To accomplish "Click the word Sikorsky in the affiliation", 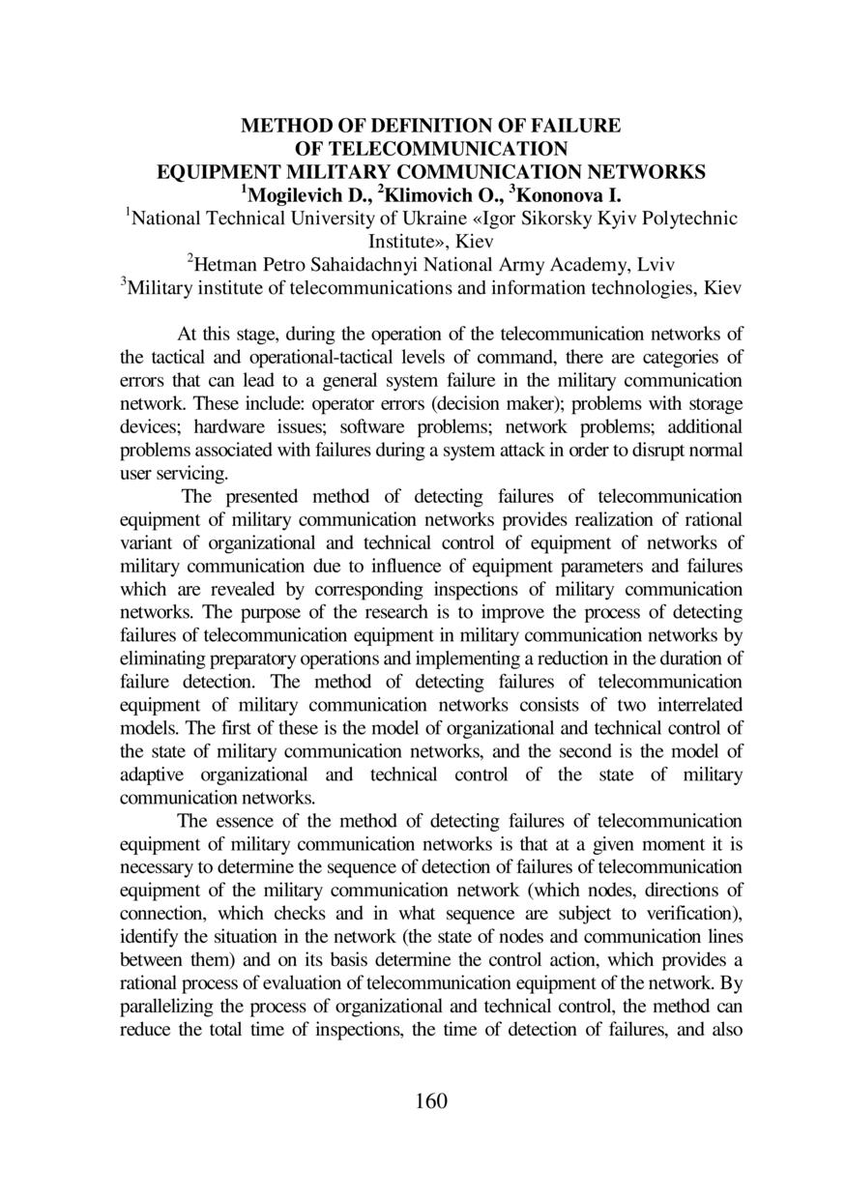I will click(x=474, y=219).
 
